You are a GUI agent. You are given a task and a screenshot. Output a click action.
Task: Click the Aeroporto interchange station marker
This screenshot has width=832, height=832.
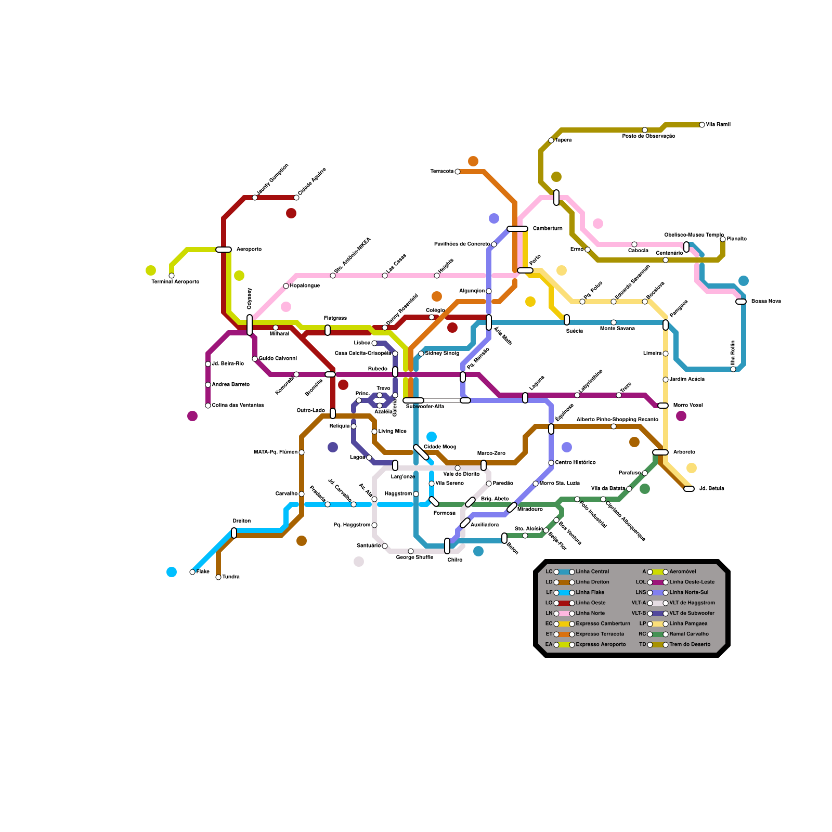click(x=224, y=250)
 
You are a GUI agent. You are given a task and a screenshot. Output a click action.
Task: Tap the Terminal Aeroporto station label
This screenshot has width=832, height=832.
click(x=175, y=282)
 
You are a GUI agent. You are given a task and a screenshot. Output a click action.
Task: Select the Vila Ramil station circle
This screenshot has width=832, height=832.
click(x=702, y=125)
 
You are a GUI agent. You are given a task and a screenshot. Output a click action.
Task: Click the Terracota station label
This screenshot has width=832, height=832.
click(x=441, y=172)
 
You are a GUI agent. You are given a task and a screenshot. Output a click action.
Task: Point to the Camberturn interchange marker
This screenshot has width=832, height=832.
click(x=517, y=229)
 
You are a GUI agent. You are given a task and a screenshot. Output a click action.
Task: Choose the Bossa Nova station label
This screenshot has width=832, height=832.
click(x=766, y=302)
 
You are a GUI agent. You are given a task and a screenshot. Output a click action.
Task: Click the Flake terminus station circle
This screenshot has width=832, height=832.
click(x=192, y=572)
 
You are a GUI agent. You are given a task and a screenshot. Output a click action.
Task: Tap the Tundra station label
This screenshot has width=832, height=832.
click(x=231, y=577)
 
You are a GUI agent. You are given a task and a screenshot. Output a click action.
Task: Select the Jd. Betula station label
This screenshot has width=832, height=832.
click(x=711, y=489)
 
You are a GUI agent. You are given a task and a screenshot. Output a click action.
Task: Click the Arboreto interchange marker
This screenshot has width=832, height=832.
click(x=660, y=452)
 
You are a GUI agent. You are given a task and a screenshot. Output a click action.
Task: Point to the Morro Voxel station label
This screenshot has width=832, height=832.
click(x=688, y=406)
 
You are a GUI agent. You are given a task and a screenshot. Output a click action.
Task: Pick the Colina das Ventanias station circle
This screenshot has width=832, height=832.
click(x=208, y=406)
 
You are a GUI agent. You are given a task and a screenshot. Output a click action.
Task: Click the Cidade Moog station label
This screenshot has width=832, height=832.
click(x=440, y=447)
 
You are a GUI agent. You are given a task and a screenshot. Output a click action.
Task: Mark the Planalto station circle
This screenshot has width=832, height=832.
click(x=723, y=239)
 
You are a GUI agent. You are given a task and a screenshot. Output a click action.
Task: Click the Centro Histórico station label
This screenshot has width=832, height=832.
click(x=575, y=463)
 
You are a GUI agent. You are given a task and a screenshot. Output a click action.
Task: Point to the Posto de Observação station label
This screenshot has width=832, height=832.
click(x=648, y=136)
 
